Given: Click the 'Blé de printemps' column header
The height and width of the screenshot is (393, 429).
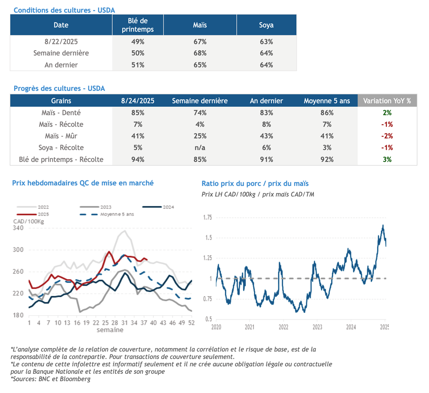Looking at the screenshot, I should click(138, 25).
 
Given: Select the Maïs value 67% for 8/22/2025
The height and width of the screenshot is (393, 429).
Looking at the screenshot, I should click(200, 42).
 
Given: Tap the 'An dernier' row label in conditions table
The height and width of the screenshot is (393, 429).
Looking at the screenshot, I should click(61, 65).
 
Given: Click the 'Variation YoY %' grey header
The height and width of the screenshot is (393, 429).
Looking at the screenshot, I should click(387, 101).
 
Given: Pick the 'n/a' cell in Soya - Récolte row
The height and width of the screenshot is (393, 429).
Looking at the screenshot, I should click(200, 147).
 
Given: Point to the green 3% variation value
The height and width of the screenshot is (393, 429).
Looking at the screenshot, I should click(387, 159).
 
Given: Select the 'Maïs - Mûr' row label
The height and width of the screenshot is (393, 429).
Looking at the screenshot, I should click(61, 136).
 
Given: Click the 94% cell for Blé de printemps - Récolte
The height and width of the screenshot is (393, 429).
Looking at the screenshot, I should click(138, 159).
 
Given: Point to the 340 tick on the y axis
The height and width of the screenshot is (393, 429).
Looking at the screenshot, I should click(18, 228).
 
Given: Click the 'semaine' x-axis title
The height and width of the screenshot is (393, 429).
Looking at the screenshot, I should click(110, 330).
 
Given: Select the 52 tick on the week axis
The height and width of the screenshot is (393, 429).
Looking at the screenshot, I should click(191, 323).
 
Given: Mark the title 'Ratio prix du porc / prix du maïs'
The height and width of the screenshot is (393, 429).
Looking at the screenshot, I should click(255, 184).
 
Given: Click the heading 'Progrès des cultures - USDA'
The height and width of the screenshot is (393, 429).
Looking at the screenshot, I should click(59, 88).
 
